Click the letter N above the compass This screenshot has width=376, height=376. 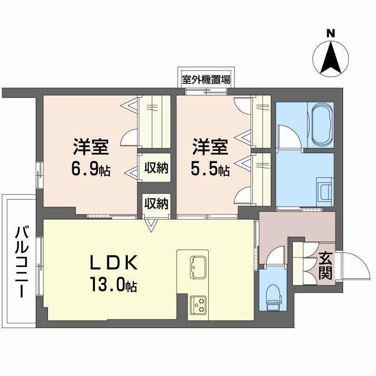331,33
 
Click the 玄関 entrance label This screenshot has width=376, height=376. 325,265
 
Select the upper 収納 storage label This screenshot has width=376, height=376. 157,167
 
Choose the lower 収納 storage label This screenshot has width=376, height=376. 157,204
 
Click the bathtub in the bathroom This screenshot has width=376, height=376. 321,123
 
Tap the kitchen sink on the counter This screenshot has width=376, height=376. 198,267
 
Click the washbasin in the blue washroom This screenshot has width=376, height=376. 324,190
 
